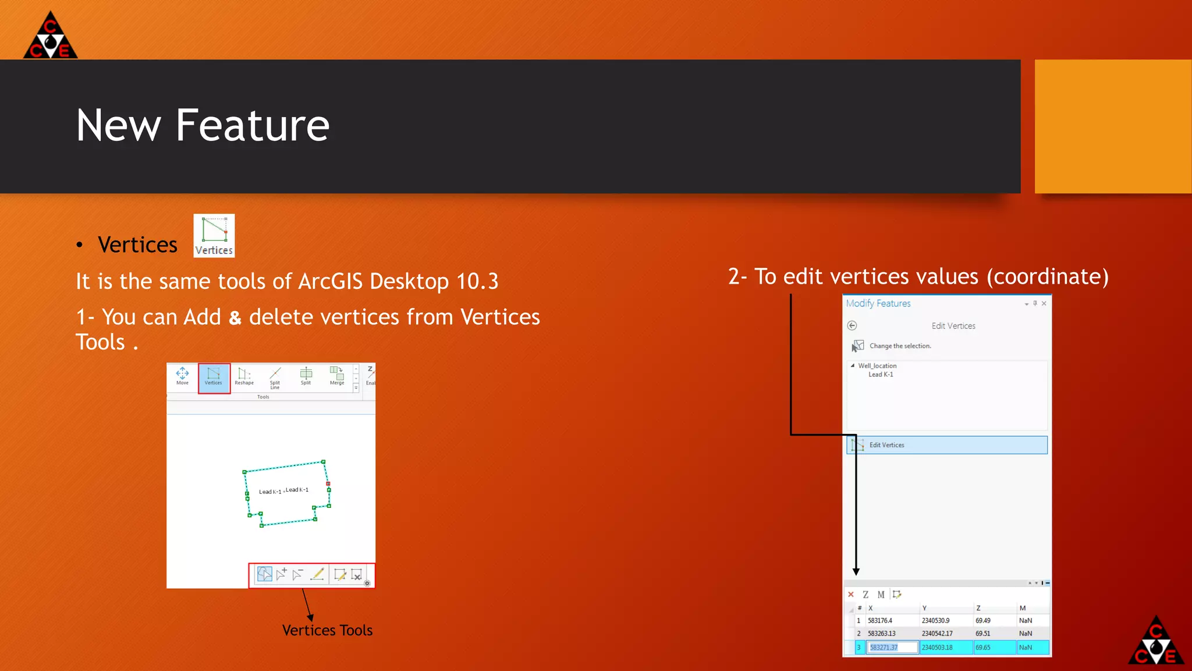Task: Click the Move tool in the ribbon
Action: pos(182,376)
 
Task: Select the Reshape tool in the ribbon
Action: pos(244,376)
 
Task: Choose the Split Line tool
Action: pos(275,377)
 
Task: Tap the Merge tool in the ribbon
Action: pos(337,376)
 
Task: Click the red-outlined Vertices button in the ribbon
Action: pos(214,377)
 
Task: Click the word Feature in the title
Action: pos(252,125)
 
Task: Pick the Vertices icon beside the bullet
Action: pos(214,235)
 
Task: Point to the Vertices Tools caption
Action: pos(327,630)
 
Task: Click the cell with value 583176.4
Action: pos(880,621)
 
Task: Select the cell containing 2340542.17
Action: pos(937,634)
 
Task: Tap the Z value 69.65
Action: pos(983,647)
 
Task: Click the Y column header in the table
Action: pos(924,608)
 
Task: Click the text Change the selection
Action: pos(900,346)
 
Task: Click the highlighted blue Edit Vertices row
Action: pos(946,445)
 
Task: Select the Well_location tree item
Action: pos(877,366)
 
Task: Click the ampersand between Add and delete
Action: pos(235,318)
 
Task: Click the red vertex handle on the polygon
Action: pos(328,483)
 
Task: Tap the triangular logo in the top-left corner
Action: pos(50,36)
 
